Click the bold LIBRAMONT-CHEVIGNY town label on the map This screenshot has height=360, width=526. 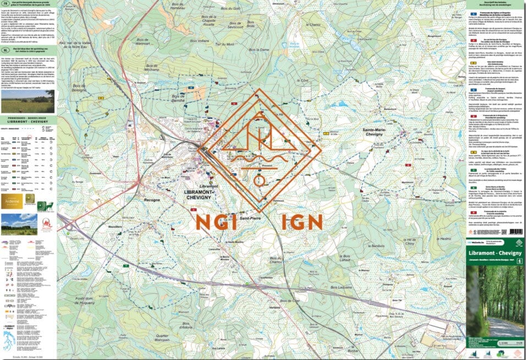[196, 194]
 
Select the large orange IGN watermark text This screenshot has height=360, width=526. [301, 221]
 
